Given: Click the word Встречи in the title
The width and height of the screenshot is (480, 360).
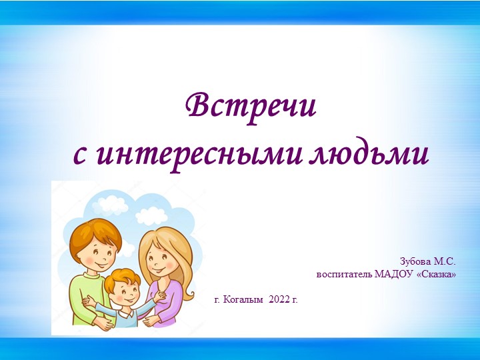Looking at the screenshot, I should click(251, 106).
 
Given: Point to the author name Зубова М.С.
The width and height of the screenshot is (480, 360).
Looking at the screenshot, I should click(427, 261).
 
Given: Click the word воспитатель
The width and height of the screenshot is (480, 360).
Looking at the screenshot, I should click(344, 274).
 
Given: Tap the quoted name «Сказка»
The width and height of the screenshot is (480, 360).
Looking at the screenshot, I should click(436, 274).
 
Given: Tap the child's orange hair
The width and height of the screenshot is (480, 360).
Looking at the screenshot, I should click(123, 275).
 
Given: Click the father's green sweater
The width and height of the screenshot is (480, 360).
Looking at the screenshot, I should click(83, 293).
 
